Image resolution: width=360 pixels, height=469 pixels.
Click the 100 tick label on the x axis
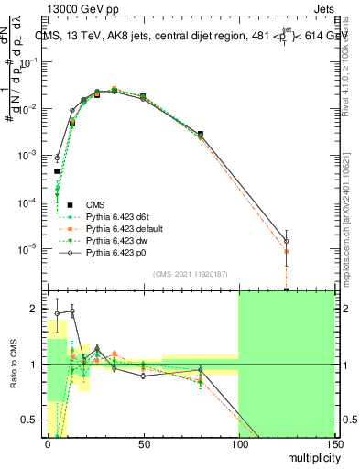click(x=237, y=444)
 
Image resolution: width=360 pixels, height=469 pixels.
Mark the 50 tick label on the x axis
click(x=143, y=444)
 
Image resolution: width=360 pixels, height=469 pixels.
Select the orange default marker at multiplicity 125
click(x=287, y=251)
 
